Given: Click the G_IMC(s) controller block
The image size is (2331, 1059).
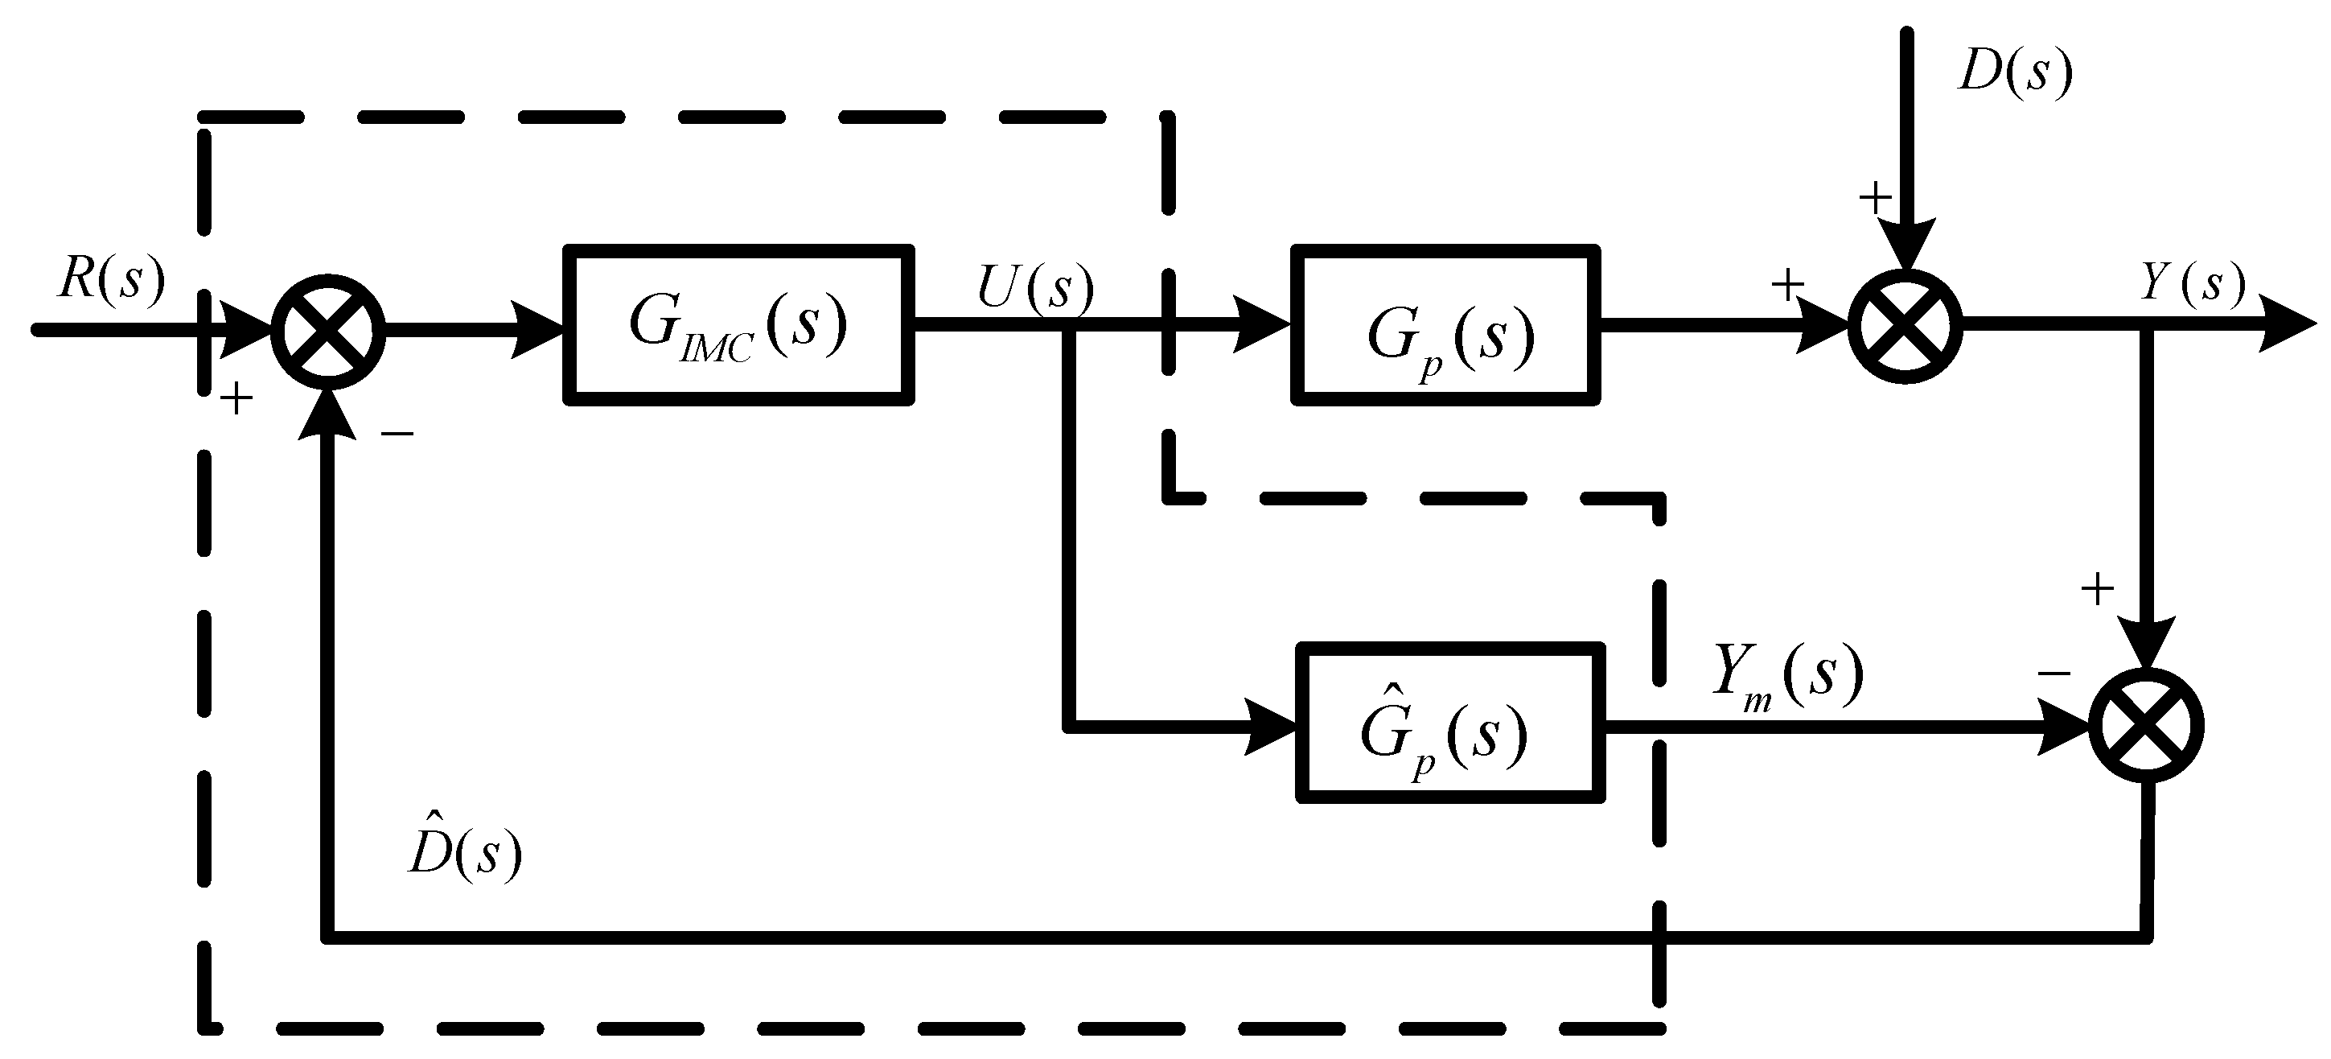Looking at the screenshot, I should pyautogui.click(x=738, y=324).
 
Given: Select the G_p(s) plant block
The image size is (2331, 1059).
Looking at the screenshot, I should pyautogui.click(x=1445, y=324).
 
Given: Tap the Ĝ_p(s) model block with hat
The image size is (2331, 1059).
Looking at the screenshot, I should pyautogui.click(x=1449, y=723).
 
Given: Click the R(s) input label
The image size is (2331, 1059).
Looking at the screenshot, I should pyautogui.click(x=111, y=278).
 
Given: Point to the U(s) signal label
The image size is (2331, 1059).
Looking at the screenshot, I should pyautogui.click(x=1034, y=288).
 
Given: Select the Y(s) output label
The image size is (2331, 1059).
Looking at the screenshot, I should pyautogui.click(x=2192, y=283).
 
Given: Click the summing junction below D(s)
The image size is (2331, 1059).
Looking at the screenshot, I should pyautogui.click(x=1905, y=326).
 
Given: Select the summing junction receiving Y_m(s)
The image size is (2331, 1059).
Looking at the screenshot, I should pyautogui.click(x=2146, y=725).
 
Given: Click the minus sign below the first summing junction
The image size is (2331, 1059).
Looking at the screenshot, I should pyautogui.click(x=397, y=435).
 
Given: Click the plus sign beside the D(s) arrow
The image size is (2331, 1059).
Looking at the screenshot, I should pyautogui.click(x=1875, y=196).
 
